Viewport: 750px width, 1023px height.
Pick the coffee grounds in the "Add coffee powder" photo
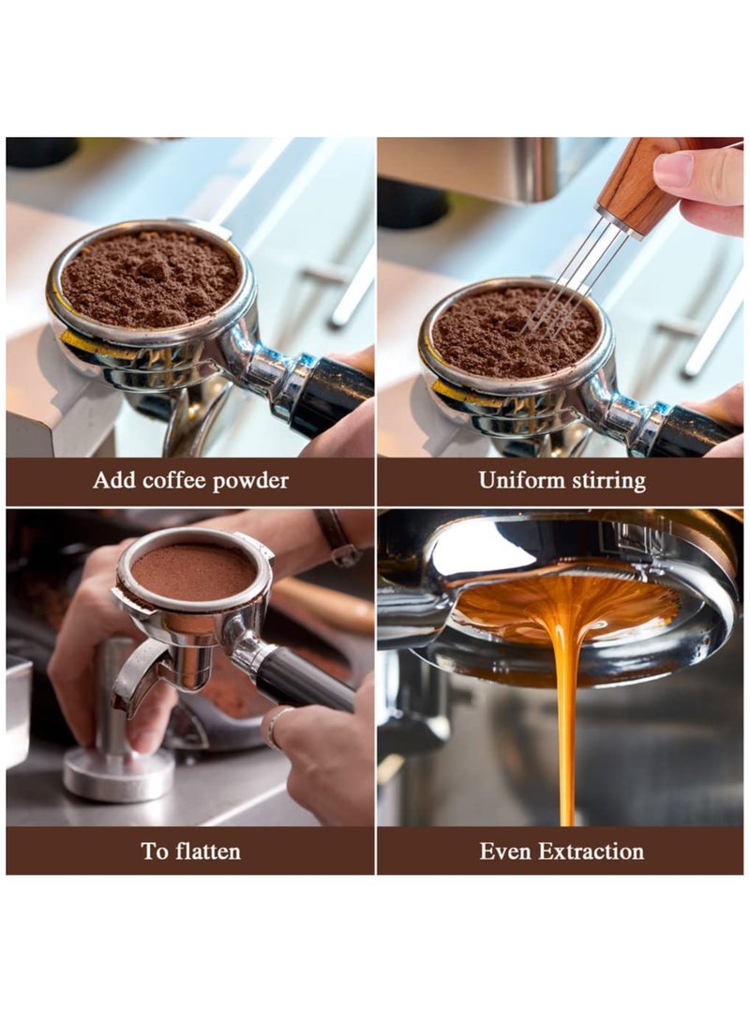click(150, 278)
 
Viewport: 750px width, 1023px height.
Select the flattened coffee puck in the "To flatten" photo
click(192, 571)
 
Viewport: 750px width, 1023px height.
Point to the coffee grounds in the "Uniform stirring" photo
click(506, 333)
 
